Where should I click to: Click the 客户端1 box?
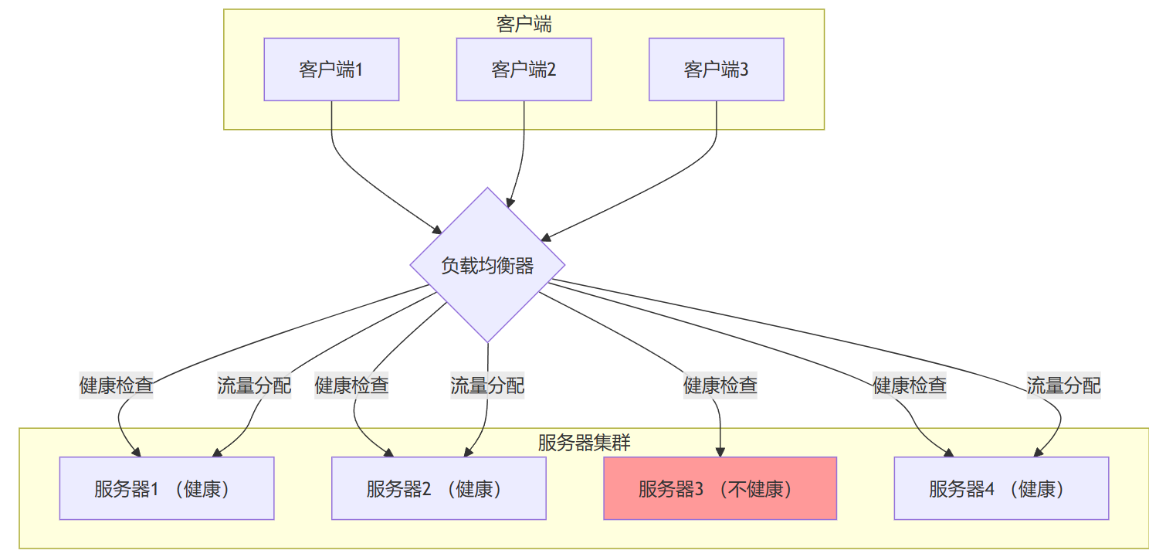[331, 70]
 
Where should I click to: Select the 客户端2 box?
[524, 70]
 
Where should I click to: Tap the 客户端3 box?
[716, 70]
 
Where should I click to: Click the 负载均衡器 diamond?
[487, 265]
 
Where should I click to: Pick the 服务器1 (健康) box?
[167, 488]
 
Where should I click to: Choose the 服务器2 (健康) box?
[439, 488]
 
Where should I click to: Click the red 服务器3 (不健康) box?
[720, 488]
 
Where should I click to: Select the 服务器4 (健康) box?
[1001, 488]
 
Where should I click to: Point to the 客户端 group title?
[524, 24]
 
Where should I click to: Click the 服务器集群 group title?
[584, 443]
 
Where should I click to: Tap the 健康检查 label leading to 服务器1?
[117, 385]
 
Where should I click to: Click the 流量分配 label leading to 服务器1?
[254, 385]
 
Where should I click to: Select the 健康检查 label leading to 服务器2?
[351, 385]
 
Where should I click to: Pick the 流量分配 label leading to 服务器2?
[487, 385]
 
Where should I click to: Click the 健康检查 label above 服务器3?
[720, 385]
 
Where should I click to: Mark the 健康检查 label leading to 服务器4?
[910, 385]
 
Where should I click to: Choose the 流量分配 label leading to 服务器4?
[1063, 385]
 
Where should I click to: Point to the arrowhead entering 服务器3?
[720, 452]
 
